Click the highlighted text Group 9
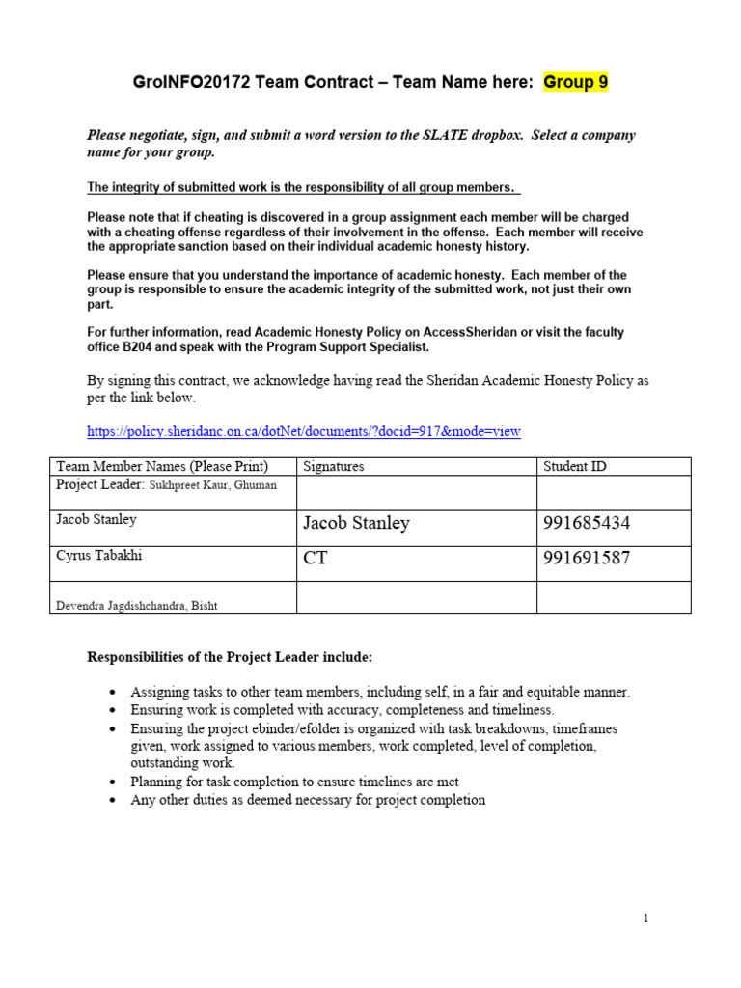(575, 82)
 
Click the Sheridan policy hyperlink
(304, 431)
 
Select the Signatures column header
(333, 466)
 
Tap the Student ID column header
(575, 466)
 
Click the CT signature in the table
(315, 559)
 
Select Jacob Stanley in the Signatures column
(356, 524)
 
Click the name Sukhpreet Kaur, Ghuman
(212, 485)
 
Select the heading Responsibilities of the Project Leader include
(230, 657)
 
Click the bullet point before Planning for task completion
(113, 782)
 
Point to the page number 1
(645, 919)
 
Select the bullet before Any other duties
(113, 801)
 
